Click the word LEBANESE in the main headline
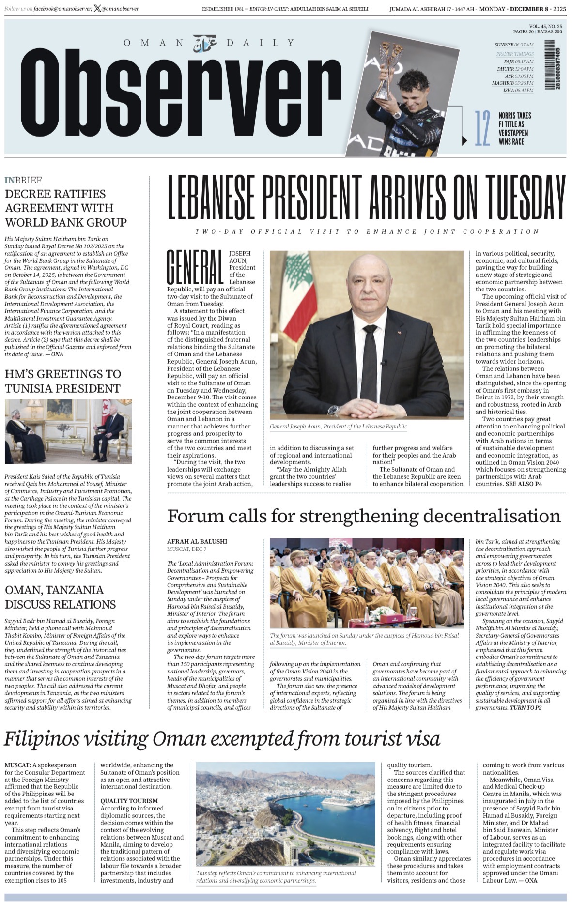[x=211, y=197]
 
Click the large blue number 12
[x=482, y=128]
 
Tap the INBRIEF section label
[x=23, y=180]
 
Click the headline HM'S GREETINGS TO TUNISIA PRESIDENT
[x=63, y=381]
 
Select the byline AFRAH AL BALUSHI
[x=197, y=541]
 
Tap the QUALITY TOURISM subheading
[x=129, y=801]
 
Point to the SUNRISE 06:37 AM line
[x=514, y=45]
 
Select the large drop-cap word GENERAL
[x=195, y=267]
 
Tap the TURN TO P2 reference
[x=526, y=707]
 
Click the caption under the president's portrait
[x=339, y=427]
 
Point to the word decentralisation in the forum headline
[x=492, y=516]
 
